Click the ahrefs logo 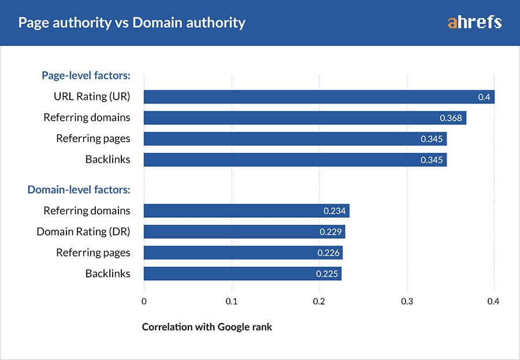[474, 23]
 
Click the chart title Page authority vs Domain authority [132, 23]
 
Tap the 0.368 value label [451, 118]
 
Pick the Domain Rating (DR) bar [244, 232]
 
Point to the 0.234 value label [335, 211]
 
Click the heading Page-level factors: [86, 75]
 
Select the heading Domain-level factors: [79, 189]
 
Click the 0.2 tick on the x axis [319, 300]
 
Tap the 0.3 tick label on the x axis [407, 300]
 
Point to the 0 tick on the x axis [144, 300]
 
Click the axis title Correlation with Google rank [207, 327]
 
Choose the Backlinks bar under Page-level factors [295, 159]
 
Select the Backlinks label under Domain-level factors [107, 273]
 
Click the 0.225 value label [326, 274]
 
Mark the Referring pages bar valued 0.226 [243, 253]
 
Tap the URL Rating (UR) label [88, 97]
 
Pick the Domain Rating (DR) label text [83, 232]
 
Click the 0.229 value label [330, 232]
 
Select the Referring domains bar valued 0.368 [304, 118]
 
